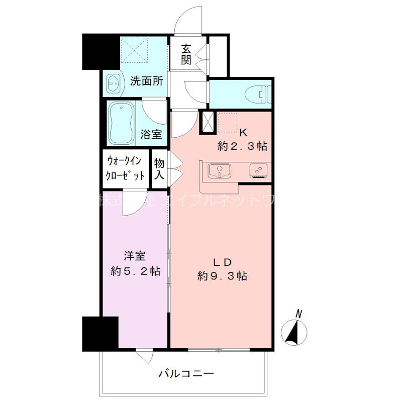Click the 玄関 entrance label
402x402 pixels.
[x=186, y=56]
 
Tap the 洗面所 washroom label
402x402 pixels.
[x=146, y=81]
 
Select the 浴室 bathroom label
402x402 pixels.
[x=151, y=134]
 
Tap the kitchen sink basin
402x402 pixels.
[x=219, y=171]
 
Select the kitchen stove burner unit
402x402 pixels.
[x=259, y=171]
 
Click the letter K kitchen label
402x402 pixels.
[x=243, y=133]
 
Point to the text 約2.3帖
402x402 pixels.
[x=242, y=147]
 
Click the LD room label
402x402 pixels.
[x=222, y=262]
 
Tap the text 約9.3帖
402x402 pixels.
[x=222, y=276]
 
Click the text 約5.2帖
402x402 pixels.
[x=135, y=271]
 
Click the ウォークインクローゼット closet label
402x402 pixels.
[x=126, y=168]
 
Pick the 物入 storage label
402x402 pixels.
[x=159, y=169]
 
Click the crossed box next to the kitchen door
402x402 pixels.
[x=207, y=122]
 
